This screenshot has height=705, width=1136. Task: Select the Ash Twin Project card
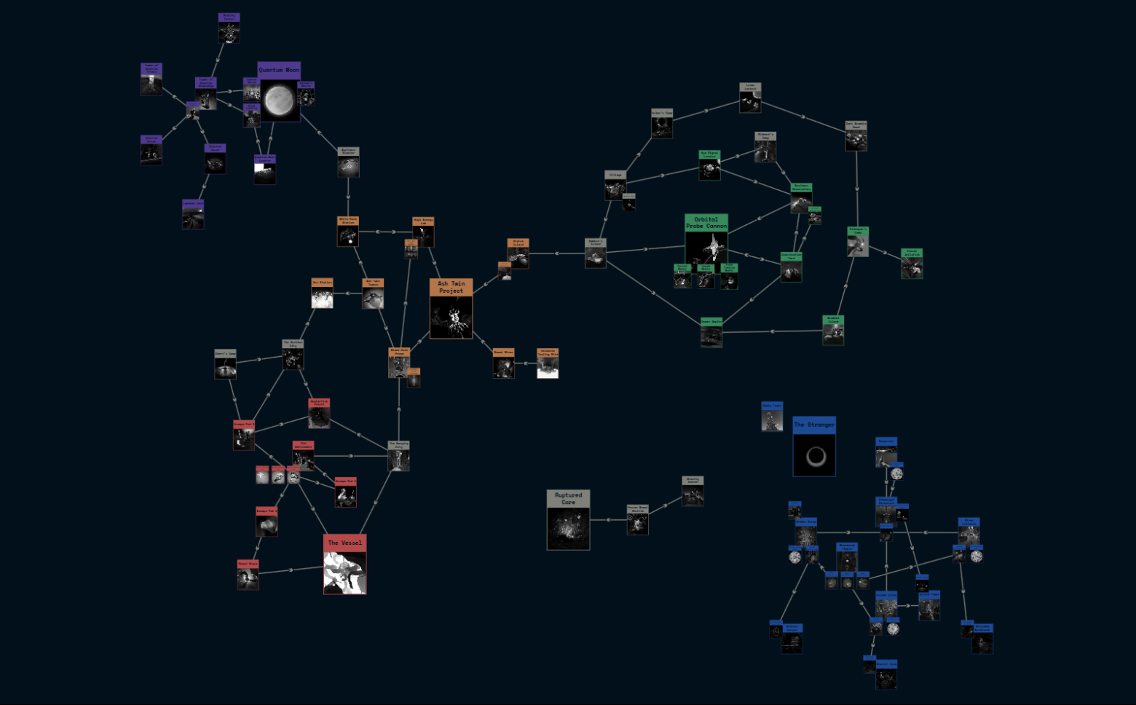(x=451, y=309)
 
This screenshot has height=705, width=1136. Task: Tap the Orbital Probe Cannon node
(x=706, y=239)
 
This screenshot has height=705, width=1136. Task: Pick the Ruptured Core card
(x=568, y=519)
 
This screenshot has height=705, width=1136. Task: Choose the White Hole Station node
(x=348, y=232)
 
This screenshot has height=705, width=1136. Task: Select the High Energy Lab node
(x=423, y=232)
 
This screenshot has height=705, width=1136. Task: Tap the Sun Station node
(x=322, y=294)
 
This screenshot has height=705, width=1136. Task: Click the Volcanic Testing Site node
(x=548, y=363)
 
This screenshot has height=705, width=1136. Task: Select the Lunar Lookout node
(x=750, y=98)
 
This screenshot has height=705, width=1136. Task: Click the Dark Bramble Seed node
(x=856, y=136)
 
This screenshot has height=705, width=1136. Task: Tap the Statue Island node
(x=518, y=253)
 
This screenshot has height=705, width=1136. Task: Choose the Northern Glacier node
(x=348, y=162)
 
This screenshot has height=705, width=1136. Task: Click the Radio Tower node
(x=772, y=417)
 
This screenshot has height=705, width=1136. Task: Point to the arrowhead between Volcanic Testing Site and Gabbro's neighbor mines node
(x=526, y=363)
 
